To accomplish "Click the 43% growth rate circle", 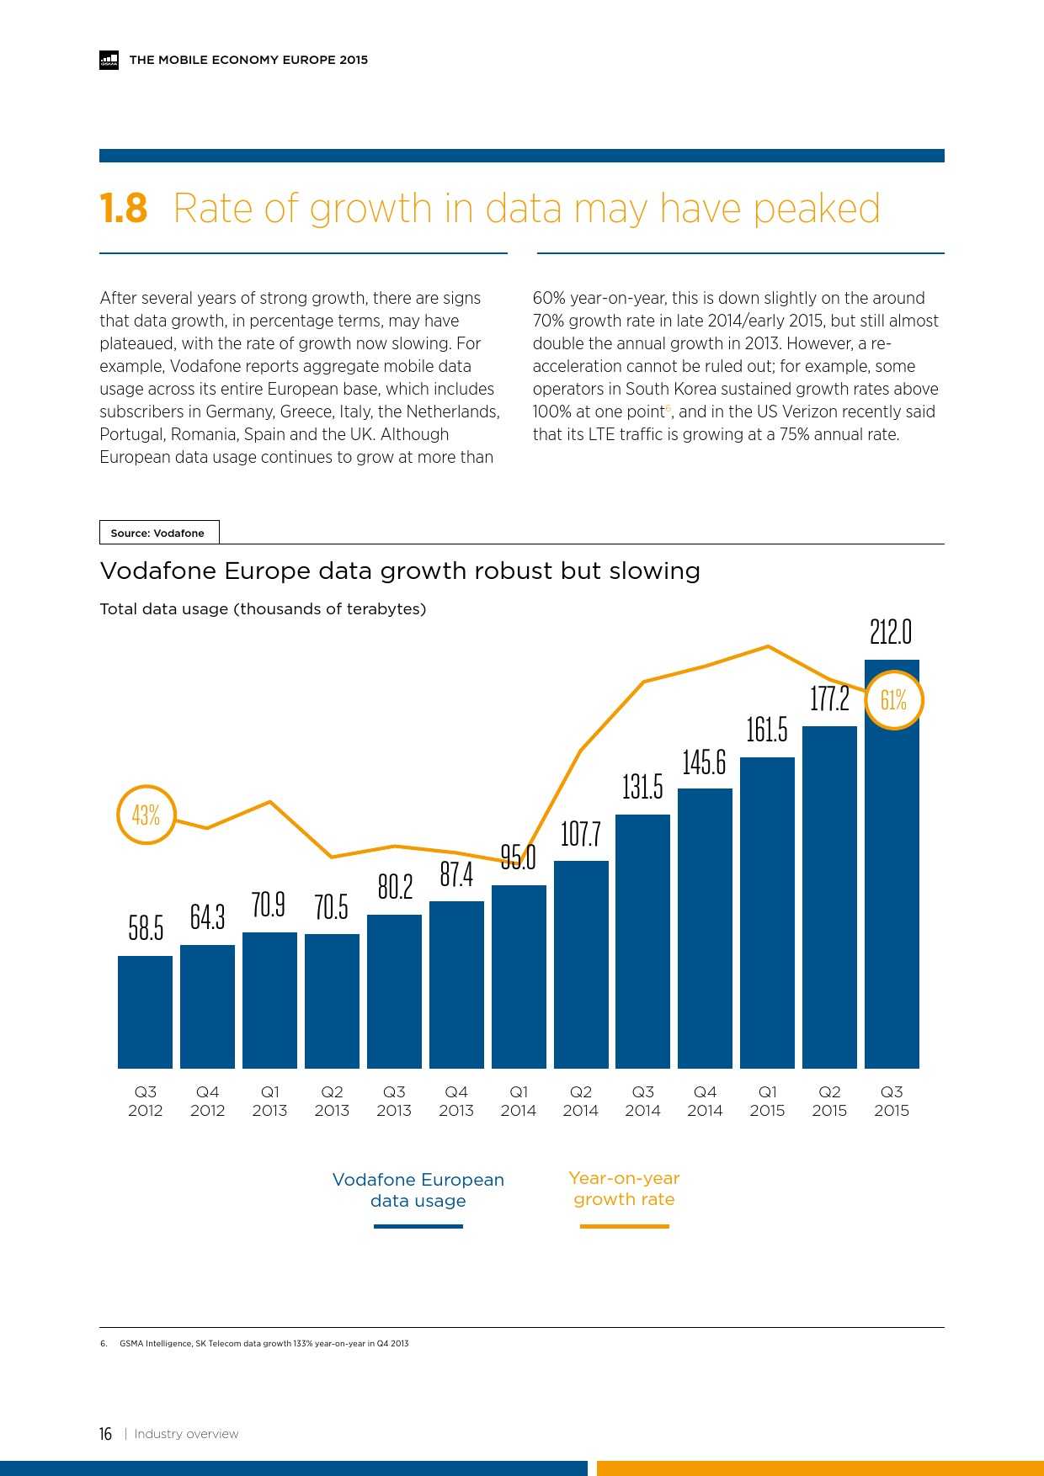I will tap(146, 815).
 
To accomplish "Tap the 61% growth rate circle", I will tap(893, 700).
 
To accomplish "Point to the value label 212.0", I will tap(891, 632).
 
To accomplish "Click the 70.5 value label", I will tap(332, 907).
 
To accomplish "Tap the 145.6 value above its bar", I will tap(704, 762).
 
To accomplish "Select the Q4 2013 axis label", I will tap(456, 1101).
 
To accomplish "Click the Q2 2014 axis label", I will tap(581, 1101).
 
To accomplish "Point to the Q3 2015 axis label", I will tap(892, 1101).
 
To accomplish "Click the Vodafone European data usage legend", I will tap(418, 1190).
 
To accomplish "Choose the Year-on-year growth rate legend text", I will tap(624, 1188).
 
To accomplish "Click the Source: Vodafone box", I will tap(158, 533).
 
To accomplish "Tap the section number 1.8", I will tap(123, 208).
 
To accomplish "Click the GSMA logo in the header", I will tap(109, 60).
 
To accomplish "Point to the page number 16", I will tap(105, 1434).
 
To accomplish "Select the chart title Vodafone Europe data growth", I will tap(400, 571).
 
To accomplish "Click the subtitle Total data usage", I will tap(263, 609).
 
